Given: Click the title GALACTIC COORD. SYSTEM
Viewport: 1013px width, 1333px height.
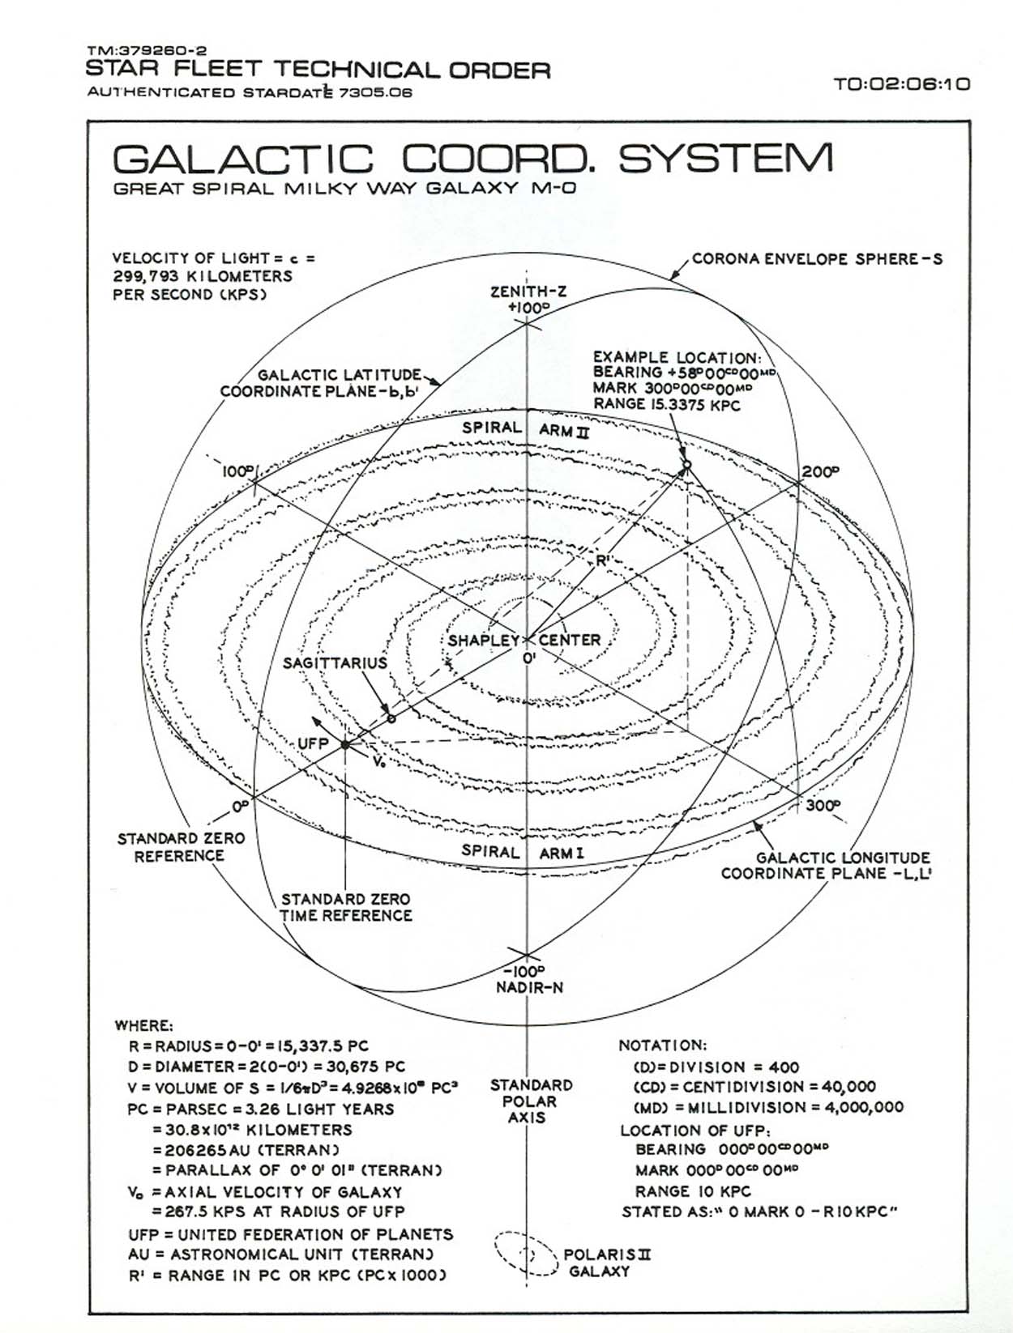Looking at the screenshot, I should click(472, 159).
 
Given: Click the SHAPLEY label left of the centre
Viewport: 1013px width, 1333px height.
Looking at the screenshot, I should click(483, 640).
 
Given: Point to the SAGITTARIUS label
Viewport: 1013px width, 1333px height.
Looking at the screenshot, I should click(335, 663).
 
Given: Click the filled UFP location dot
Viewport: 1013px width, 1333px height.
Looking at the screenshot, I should click(344, 744).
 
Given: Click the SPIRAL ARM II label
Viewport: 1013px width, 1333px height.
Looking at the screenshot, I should click(526, 428).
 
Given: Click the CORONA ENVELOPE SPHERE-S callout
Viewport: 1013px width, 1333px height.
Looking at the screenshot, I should click(817, 260).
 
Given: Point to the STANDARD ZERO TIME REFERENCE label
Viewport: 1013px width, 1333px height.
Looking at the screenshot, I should click(346, 907).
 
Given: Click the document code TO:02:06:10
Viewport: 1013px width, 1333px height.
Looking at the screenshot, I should click(901, 83).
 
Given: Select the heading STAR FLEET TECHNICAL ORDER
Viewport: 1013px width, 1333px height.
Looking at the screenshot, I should click(318, 70).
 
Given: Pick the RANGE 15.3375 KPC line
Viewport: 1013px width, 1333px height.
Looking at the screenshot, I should click(666, 404).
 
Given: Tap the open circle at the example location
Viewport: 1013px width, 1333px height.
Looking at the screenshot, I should click(686, 464).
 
